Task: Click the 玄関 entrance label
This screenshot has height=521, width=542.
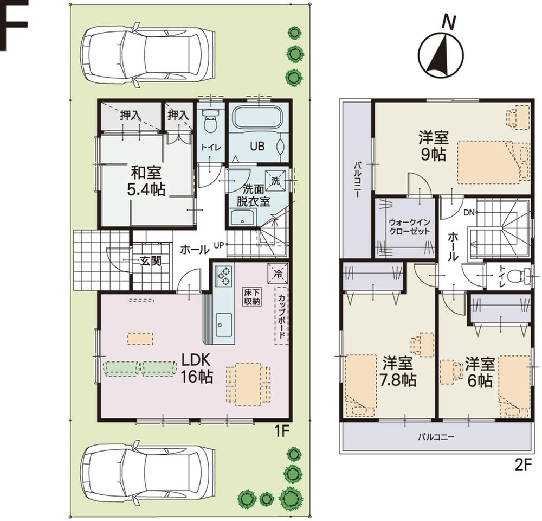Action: coord(150,261)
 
